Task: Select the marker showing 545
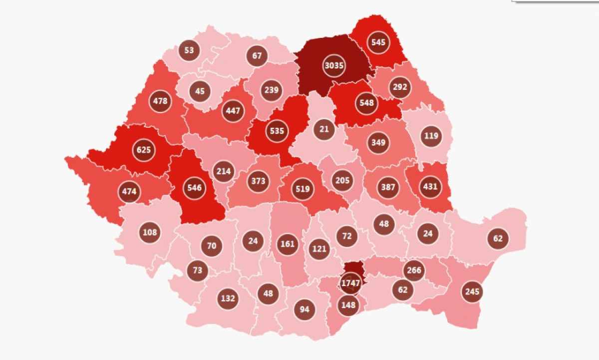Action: point(378,42)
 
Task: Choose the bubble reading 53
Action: point(189,50)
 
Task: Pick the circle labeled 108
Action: point(150,232)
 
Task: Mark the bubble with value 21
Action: point(324,129)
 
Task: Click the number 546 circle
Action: point(195,188)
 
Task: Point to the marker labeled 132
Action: point(228,299)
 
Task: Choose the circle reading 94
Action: point(304,309)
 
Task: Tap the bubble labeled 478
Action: point(160,101)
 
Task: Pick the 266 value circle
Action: point(414,271)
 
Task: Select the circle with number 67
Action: point(257,55)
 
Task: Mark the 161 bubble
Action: point(288,244)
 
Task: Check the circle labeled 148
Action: point(347,304)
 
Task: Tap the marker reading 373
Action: point(258,181)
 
